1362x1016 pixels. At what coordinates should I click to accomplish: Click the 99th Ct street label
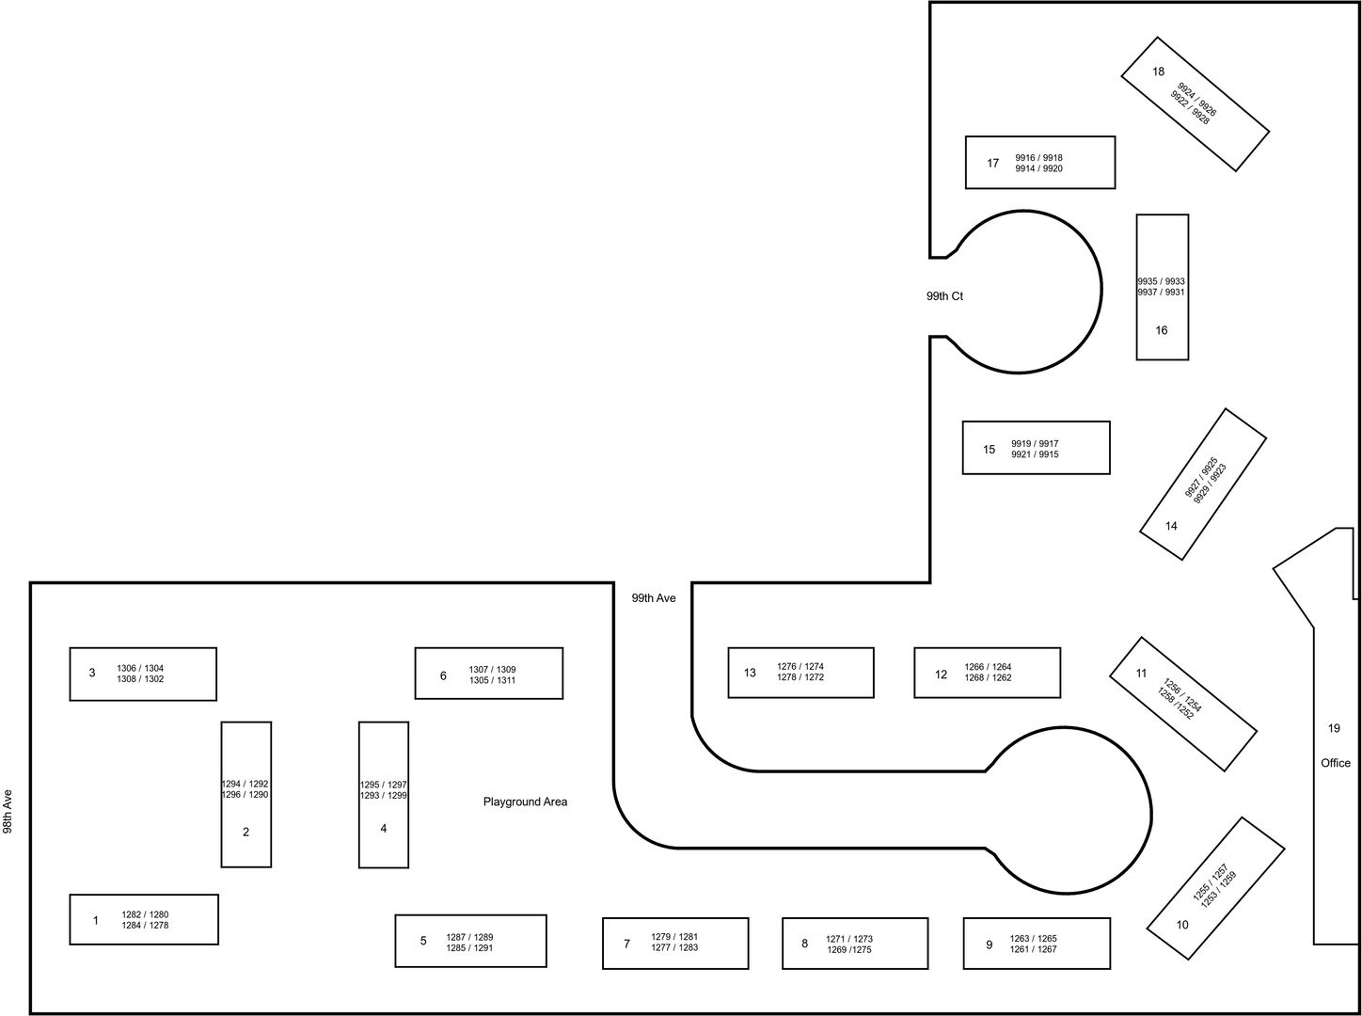(944, 296)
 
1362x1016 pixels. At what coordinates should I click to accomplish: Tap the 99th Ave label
(654, 598)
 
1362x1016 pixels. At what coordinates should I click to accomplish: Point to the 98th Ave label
(8, 812)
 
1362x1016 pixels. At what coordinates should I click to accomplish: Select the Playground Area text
(525, 802)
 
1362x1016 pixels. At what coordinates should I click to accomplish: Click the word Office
(1336, 763)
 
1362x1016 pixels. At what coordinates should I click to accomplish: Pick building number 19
(1334, 729)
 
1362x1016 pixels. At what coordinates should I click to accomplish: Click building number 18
(1158, 72)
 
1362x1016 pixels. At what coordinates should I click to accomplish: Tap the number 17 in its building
(992, 164)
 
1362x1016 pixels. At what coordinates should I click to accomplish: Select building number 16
(1161, 331)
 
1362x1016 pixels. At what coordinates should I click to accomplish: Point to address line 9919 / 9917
(1035, 444)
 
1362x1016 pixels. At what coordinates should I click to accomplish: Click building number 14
(1171, 526)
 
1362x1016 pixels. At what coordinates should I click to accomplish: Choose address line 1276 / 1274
(800, 667)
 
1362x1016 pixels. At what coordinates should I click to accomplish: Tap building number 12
(941, 675)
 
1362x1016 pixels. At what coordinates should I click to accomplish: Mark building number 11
(1141, 674)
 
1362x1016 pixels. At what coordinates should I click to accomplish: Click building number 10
(1182, 925)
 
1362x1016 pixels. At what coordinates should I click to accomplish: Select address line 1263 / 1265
(1033, 939)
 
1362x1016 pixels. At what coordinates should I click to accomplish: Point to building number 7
(626, 944)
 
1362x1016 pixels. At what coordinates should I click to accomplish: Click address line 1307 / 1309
(492, 670)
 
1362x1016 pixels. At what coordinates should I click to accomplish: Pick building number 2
(245, 833)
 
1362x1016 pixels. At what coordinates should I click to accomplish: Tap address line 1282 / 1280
(145, 914)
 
